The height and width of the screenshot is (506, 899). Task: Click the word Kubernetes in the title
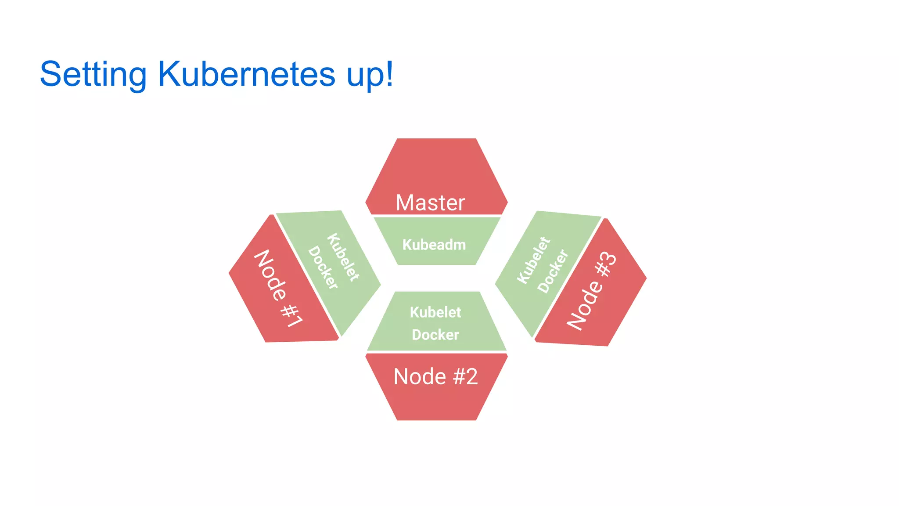tap(246, 74)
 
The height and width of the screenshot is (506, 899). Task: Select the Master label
tap(430, 203)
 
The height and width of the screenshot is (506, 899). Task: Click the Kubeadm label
tap(434, 245)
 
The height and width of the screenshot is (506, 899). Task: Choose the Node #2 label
tap(435, 376)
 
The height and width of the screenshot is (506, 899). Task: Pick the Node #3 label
tap(592, 290)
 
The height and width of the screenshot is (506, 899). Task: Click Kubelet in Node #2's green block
tap(435, 312)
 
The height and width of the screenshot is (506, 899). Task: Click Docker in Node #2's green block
tap(435, 335)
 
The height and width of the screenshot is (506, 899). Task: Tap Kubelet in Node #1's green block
tap(343, 257)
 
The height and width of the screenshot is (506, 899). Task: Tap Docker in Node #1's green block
tap(323, 267)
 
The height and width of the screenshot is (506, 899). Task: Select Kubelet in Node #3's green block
tap(533, 260)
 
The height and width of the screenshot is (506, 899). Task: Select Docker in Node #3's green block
tap(553, 271)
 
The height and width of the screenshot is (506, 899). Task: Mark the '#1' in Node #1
tap(291, 315)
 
